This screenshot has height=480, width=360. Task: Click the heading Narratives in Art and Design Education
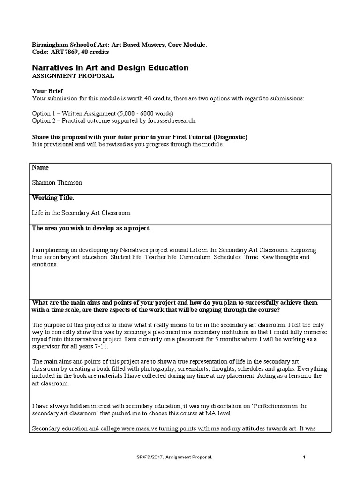point(110,68)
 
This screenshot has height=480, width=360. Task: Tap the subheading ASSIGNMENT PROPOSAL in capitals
point(73,76)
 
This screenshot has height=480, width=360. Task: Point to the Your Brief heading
point(47,91)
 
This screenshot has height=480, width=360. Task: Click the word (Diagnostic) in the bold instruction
point(230,137)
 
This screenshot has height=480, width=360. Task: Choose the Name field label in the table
point(40,167)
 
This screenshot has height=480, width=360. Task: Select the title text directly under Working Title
point(82,213)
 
